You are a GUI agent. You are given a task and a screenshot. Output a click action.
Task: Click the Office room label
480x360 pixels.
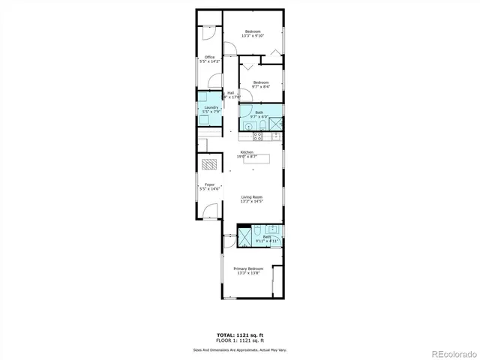tap(210, 59)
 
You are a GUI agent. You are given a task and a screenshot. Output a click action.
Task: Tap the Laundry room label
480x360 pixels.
tap(211, 109)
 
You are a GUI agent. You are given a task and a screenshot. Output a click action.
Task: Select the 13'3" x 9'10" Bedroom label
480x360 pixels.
tap(252, 34)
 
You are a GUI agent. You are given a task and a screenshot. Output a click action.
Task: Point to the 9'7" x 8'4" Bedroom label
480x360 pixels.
tap(260, 84)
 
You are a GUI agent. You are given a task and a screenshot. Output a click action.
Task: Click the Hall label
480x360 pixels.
tap(230, 94)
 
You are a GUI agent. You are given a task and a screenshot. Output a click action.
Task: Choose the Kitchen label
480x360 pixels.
tap(247, 154)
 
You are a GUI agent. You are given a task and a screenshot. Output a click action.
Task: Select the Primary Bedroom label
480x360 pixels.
tap(248, 271)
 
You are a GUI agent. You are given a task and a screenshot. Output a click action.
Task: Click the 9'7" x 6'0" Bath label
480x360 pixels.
tap(259, 114)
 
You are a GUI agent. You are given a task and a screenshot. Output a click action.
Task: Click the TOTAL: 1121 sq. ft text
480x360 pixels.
tap(239, 335)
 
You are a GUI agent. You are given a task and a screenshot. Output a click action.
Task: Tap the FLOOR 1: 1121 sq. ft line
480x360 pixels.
tap(239, 340)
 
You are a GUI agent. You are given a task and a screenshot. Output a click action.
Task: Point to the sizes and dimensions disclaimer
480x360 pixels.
tap(239, 349)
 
